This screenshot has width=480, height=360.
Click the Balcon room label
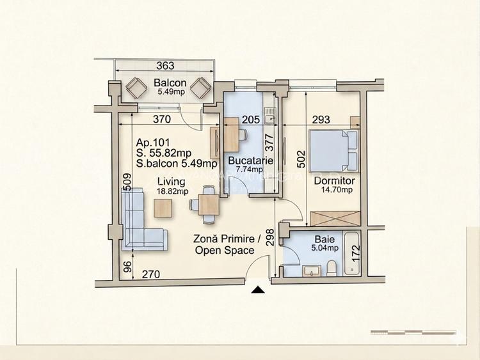pos(170,83)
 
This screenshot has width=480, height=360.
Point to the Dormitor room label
pos(333,180)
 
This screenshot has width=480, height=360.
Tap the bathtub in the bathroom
pos(353,254)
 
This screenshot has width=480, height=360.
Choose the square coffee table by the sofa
pos(163,207)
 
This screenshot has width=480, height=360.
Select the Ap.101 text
pos(152,143)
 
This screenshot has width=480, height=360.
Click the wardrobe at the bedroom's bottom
pos(336,217)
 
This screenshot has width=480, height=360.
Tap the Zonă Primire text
pos(227,239)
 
